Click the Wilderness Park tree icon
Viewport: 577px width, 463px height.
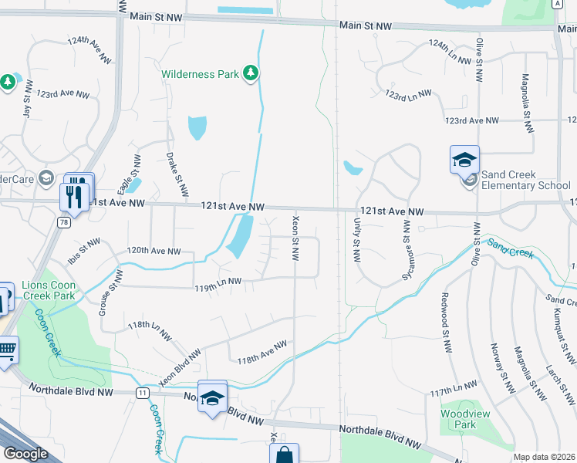click(x=250, y=73)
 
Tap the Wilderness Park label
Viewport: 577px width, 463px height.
click(x=199, y=75)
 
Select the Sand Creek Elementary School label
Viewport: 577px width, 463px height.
click(x=525, y=181)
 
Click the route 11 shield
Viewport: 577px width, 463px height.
click(x=143, y=393)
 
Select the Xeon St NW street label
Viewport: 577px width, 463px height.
click(x=295, y=238)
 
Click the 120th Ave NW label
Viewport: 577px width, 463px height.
click(x=154, y=251)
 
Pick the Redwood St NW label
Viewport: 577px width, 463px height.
click(x=445, y=319)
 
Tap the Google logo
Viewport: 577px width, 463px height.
click(x=25, y=454)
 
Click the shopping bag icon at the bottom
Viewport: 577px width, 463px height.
click(x=284, y=455)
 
